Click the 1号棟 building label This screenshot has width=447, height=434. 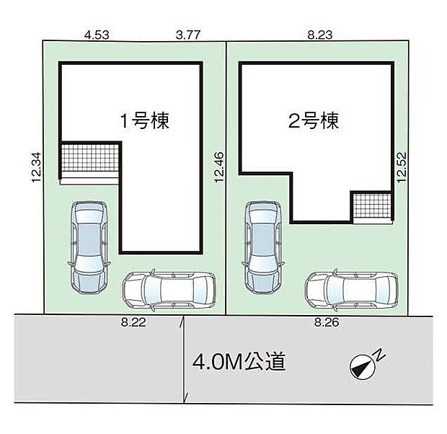(144, 120)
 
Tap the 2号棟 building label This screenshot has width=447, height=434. (313, 120)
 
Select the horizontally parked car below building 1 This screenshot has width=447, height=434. (169, 291)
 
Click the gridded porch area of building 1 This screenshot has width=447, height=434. (90, 158)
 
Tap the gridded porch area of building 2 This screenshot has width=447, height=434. (372, 205)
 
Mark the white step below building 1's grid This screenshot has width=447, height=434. (90, 180)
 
